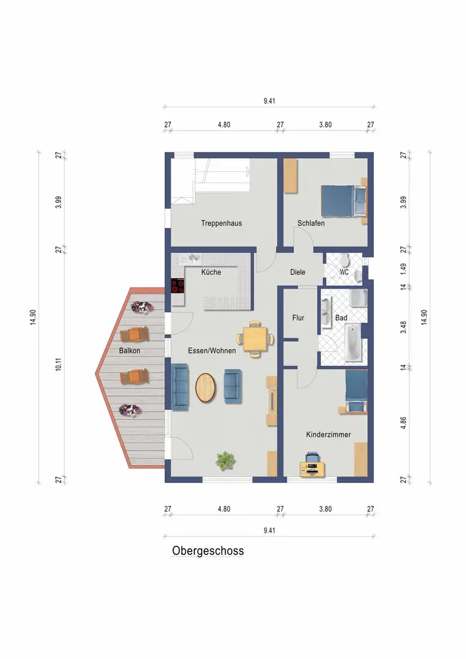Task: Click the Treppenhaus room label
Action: (221, 223)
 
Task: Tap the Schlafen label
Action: (311, 223)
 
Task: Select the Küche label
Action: (211, 272)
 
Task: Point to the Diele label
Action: (297, 272)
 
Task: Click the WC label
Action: (344, 272)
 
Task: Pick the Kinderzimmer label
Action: (328, 434)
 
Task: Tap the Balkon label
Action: (129, 351)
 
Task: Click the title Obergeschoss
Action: (208, 550)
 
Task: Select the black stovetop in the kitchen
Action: (178, 286)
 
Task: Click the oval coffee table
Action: (206, 388)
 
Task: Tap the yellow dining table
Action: (256, 339)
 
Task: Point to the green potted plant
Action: (225, 461)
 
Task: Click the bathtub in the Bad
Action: (353, 343)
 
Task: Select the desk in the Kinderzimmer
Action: (312, 469)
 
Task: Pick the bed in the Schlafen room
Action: (343, 201)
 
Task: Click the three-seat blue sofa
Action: (180, 387)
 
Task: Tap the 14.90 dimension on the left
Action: (33, 318)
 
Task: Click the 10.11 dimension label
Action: (59, 364)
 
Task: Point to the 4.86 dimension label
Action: (403, 423)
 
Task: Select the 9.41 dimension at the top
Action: (270, 101)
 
